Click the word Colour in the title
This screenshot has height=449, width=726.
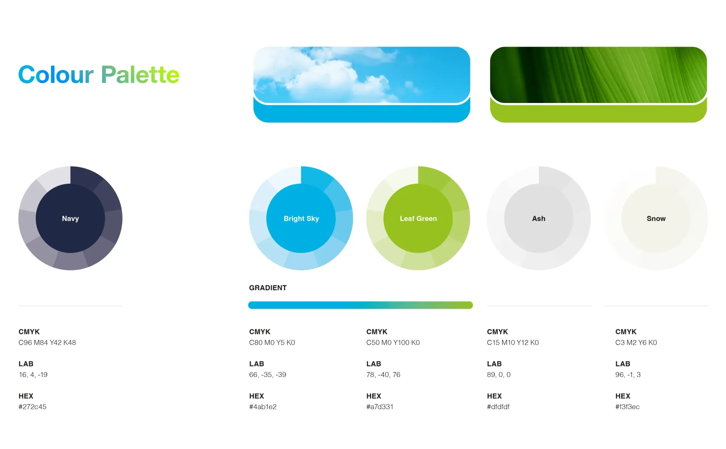tap(56, 75)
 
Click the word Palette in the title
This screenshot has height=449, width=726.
tap(140, 75)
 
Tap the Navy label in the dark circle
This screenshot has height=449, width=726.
tap(70, 218)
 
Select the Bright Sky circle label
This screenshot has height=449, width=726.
tap(301, 218)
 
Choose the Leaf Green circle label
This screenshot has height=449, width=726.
tap(418, 218)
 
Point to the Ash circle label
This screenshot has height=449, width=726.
tap(538, 218)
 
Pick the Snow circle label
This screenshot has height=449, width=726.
tap(656, 218)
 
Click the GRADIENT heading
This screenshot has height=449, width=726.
tap(268, 288)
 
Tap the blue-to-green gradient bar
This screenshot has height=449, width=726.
tap(360, 305)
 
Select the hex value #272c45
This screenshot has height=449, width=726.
tap(33, 407)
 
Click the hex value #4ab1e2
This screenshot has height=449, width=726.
tap(263, 407)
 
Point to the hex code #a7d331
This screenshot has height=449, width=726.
tap(380, 407)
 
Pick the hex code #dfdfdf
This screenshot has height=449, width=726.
tap(498, 407)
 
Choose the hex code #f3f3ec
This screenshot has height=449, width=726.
tap(627, 407)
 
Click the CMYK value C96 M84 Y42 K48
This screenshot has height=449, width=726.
tap(47, 342)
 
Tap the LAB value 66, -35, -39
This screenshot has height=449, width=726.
tap(268, 374)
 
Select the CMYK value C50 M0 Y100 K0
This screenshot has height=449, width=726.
tap(393, 342)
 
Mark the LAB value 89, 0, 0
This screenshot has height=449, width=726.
tap(499, 374)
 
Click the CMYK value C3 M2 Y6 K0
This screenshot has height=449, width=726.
tap(636, 342)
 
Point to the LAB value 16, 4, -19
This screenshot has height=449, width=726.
tap(33, 374)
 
